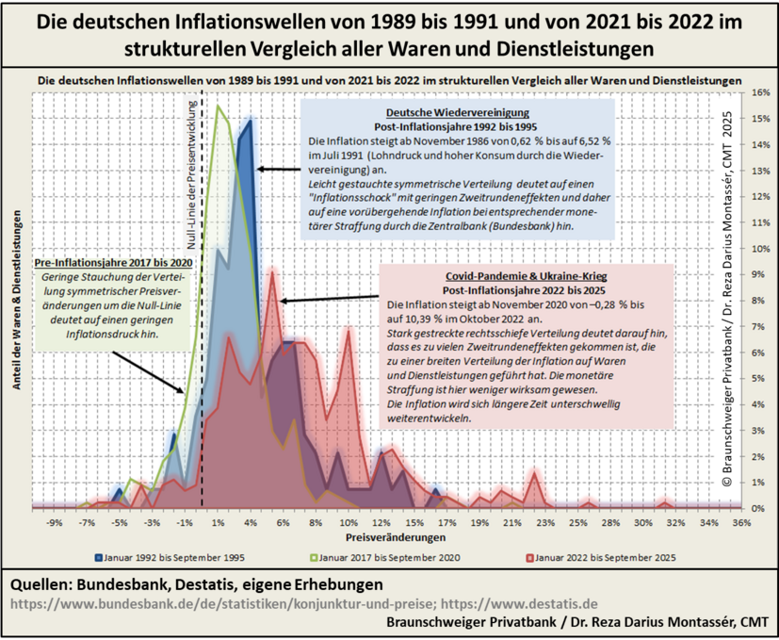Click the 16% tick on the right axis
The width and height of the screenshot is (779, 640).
(760, 94)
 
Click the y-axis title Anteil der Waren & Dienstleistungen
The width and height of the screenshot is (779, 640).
(18, 300)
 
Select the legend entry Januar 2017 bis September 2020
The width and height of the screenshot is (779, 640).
(390, 557)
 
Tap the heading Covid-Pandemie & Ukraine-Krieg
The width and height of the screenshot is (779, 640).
(527, 276)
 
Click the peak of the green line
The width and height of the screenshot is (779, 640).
(218, 106)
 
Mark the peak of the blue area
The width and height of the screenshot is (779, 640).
(250, 120)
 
